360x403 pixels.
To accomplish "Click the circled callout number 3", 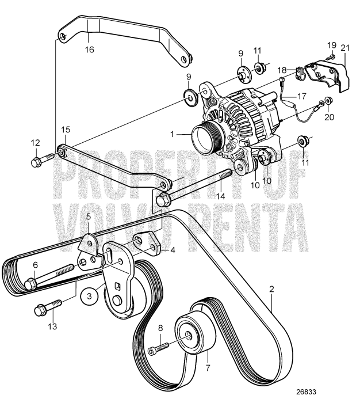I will [x=86, y=296].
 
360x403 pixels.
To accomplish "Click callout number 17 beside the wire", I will [x=302, y=96].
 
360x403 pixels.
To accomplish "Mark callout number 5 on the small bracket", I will [x=89, y=217].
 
